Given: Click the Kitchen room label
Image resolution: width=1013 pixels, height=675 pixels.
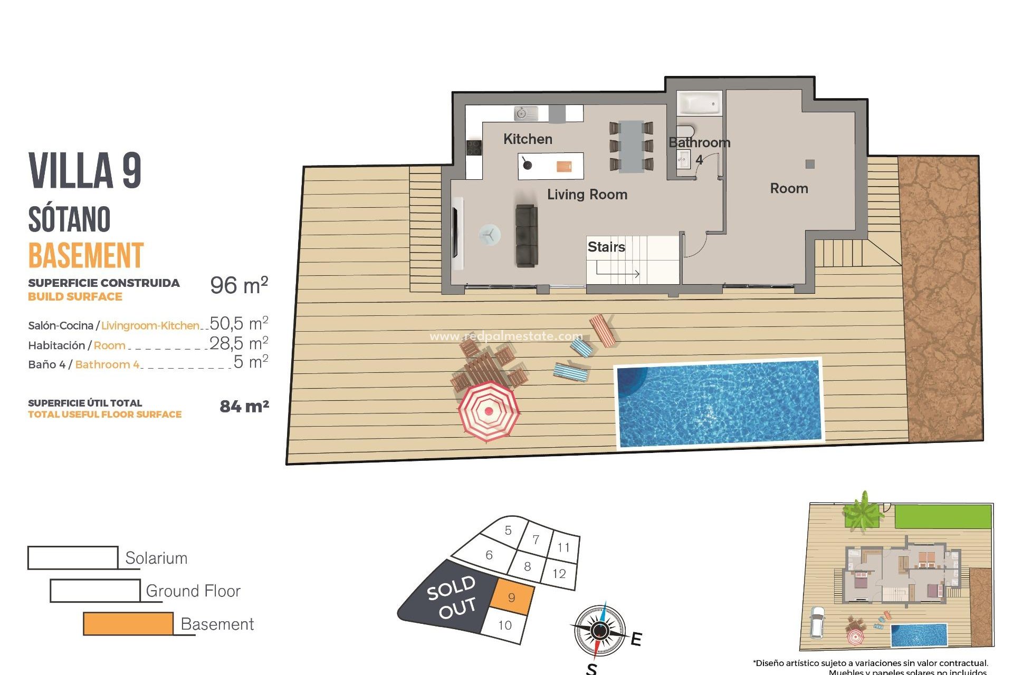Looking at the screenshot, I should click(x=528, y=139).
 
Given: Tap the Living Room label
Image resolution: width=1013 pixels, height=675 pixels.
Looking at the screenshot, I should click(x=587, y=195).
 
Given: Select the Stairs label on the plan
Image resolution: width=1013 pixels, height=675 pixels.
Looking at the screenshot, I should click(x=606, y=247).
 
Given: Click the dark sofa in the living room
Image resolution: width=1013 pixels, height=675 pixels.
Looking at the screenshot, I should click(x=527, y=236).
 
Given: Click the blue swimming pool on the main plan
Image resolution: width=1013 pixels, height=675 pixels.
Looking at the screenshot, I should click(x=719, y=403).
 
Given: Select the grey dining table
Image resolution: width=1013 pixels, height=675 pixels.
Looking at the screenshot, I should click(x=631, y=147).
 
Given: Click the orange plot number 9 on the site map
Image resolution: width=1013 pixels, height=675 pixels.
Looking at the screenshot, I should click(x=511, y=597).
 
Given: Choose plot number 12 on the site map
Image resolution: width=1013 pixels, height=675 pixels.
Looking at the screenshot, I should click(x=559, y=573).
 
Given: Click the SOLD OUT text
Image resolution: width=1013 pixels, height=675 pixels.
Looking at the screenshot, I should click(x=452, y=597).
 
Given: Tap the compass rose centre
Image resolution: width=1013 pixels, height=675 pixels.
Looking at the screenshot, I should click(x=600, y=630).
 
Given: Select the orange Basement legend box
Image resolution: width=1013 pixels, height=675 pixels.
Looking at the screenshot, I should click(x=128, y=624).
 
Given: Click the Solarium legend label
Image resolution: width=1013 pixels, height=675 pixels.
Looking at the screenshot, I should click(x=156, y=558).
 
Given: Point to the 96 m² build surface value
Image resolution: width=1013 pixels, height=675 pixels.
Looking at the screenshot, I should click(x=239, y=285).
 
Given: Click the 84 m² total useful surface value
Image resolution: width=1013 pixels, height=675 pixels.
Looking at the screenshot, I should click(x=244, y=406).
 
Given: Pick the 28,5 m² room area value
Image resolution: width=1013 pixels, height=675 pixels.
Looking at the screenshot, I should click(x=239, y=344).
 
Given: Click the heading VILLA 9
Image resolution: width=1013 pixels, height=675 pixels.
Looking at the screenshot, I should click(x=85, y=170).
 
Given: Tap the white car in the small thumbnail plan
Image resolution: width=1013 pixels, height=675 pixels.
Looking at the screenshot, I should click(x=817, y=622).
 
